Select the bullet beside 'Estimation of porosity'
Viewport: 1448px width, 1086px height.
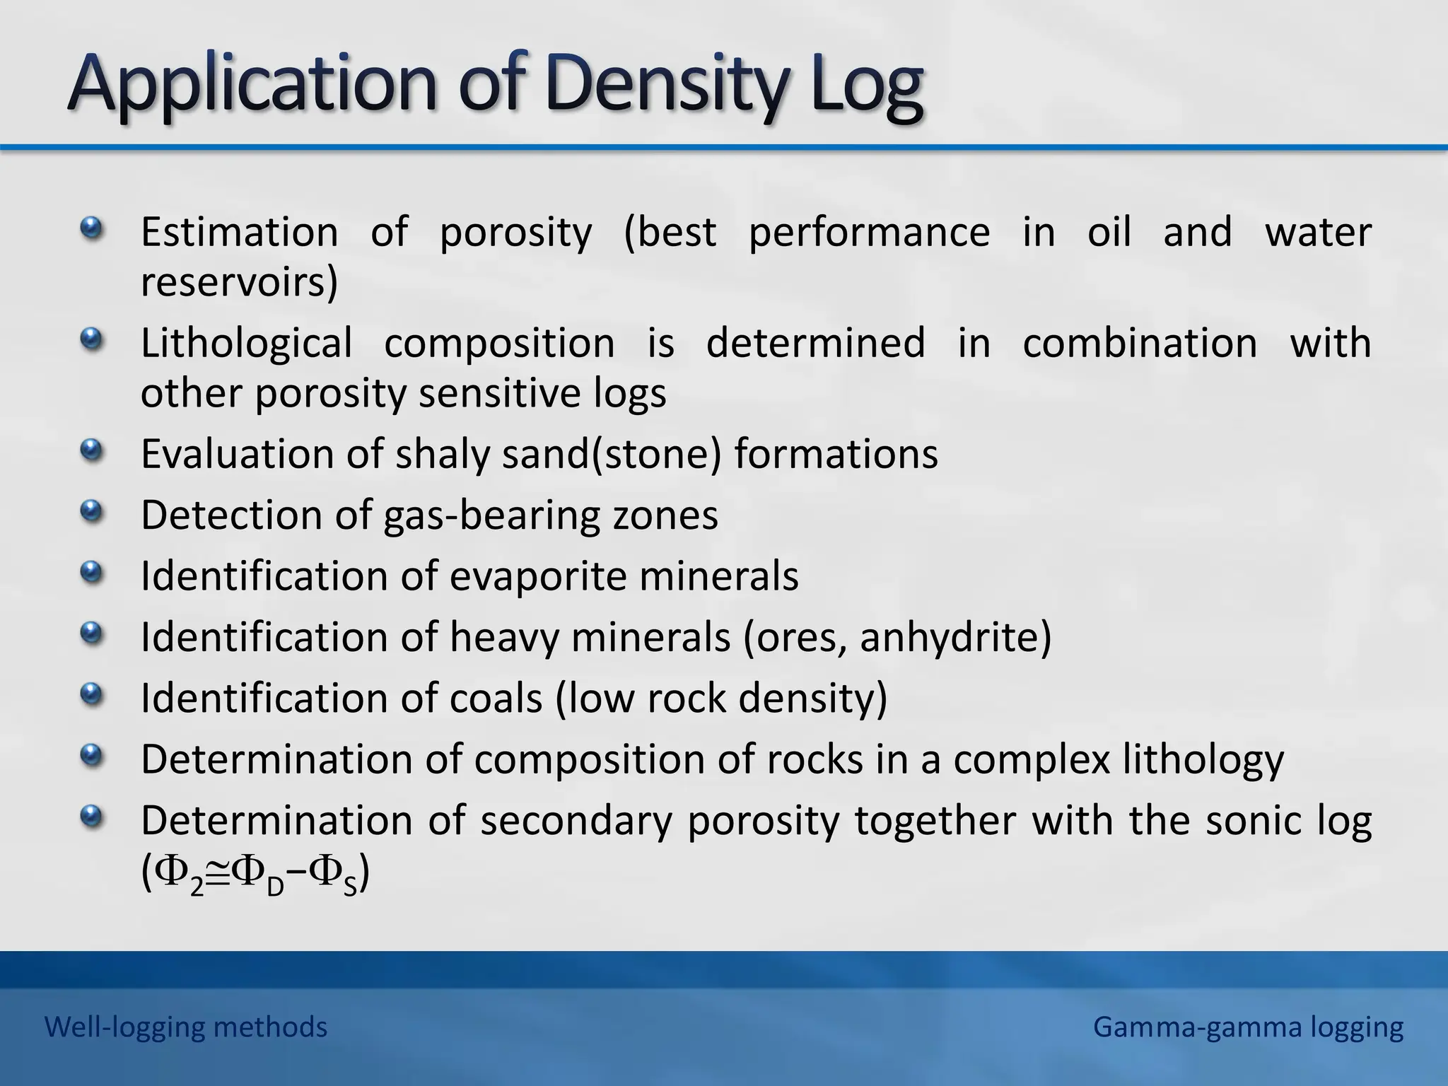click(91, 229)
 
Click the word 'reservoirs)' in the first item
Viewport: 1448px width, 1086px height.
click(239, 282)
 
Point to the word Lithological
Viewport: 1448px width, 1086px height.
click(246, 344)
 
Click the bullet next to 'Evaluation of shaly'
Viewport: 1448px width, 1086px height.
click(91, 450)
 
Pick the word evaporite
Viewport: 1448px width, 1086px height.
click(538, 576)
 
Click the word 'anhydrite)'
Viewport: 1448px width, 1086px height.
click(955, 637)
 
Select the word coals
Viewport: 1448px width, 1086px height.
click(496, 699)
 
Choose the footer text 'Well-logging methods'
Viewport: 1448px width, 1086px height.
click(186, 1027)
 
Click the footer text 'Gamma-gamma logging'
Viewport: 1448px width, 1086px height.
click(1248, 1027)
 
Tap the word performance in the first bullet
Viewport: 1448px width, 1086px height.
click(869, 232)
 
